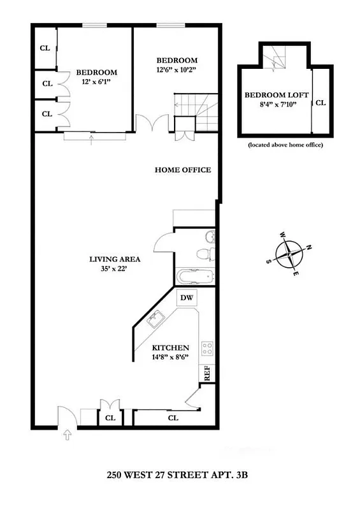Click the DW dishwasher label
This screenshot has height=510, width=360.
(187, 298)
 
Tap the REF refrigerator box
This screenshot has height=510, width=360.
(206, 374)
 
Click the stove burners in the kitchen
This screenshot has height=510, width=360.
(207, 348)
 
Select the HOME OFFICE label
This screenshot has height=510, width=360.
(183, 170)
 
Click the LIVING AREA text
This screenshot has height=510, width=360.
(115, 259)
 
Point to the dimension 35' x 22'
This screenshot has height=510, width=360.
(115, 270)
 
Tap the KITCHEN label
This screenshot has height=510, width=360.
(171, 347)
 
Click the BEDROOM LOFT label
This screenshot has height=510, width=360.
(277, 95)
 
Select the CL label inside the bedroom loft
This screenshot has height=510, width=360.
(321, 102)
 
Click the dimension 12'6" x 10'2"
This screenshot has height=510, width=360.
(177, 70)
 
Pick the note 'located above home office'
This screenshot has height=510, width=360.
(285, 145)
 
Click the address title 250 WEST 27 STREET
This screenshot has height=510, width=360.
(176, 475)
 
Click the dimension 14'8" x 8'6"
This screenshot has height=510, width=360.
(170, 358)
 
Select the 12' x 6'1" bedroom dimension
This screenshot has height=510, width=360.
(96, 82)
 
